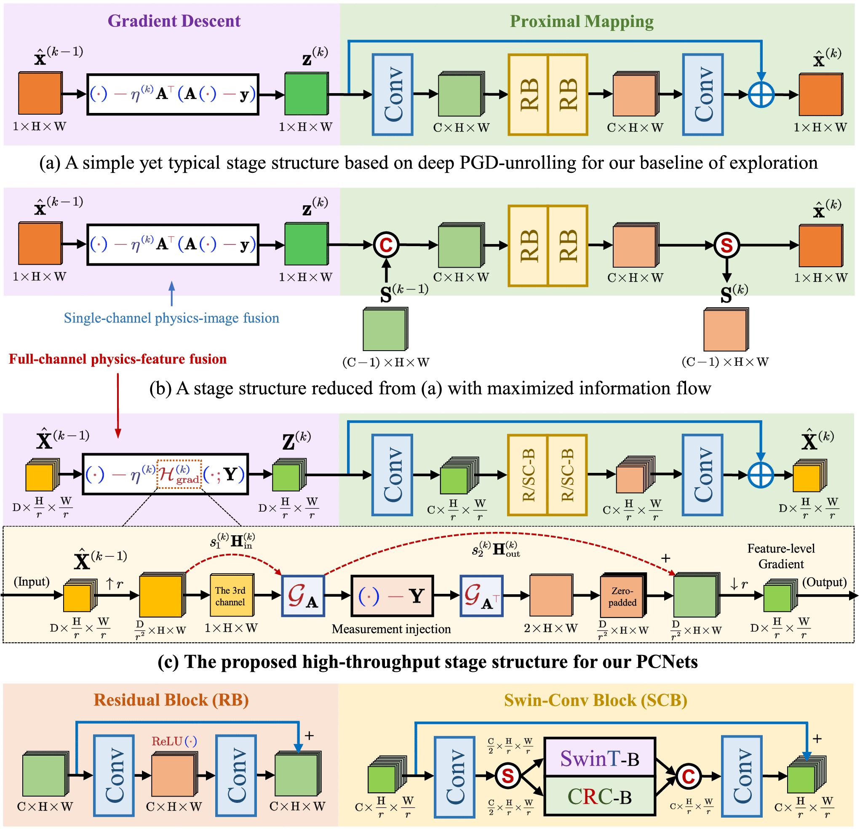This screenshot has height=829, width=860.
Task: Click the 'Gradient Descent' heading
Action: click(174, 21)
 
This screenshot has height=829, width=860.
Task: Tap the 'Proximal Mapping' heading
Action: click(581, 21)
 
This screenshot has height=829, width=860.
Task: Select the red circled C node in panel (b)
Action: click(386, 245)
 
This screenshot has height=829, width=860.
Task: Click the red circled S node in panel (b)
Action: click(726, 245)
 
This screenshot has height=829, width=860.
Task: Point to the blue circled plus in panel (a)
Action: click(761, 94)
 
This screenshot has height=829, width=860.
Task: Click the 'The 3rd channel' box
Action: click(230, 596)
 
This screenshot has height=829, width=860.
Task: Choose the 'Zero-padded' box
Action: click(622, 596)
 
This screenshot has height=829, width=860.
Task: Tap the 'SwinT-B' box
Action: click(599, 758)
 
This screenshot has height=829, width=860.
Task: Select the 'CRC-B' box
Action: click(599, 796)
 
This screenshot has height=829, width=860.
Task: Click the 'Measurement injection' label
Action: click(391, 629)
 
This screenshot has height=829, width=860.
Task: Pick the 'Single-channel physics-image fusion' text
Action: click(171, 318)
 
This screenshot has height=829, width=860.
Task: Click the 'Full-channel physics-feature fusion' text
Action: click(118, 359)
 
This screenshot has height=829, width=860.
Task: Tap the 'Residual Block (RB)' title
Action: click(171, 700)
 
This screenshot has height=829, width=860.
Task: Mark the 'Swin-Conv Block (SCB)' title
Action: click(595, 700)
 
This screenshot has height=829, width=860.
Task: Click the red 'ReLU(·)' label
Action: click(174, 741)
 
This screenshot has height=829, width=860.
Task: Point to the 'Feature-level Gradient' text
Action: click(780, 556)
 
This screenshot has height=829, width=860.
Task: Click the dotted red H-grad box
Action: click(179, 475)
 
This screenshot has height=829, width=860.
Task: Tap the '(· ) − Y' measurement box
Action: click(392, 596)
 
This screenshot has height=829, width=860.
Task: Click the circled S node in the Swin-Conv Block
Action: click(507, 776)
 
